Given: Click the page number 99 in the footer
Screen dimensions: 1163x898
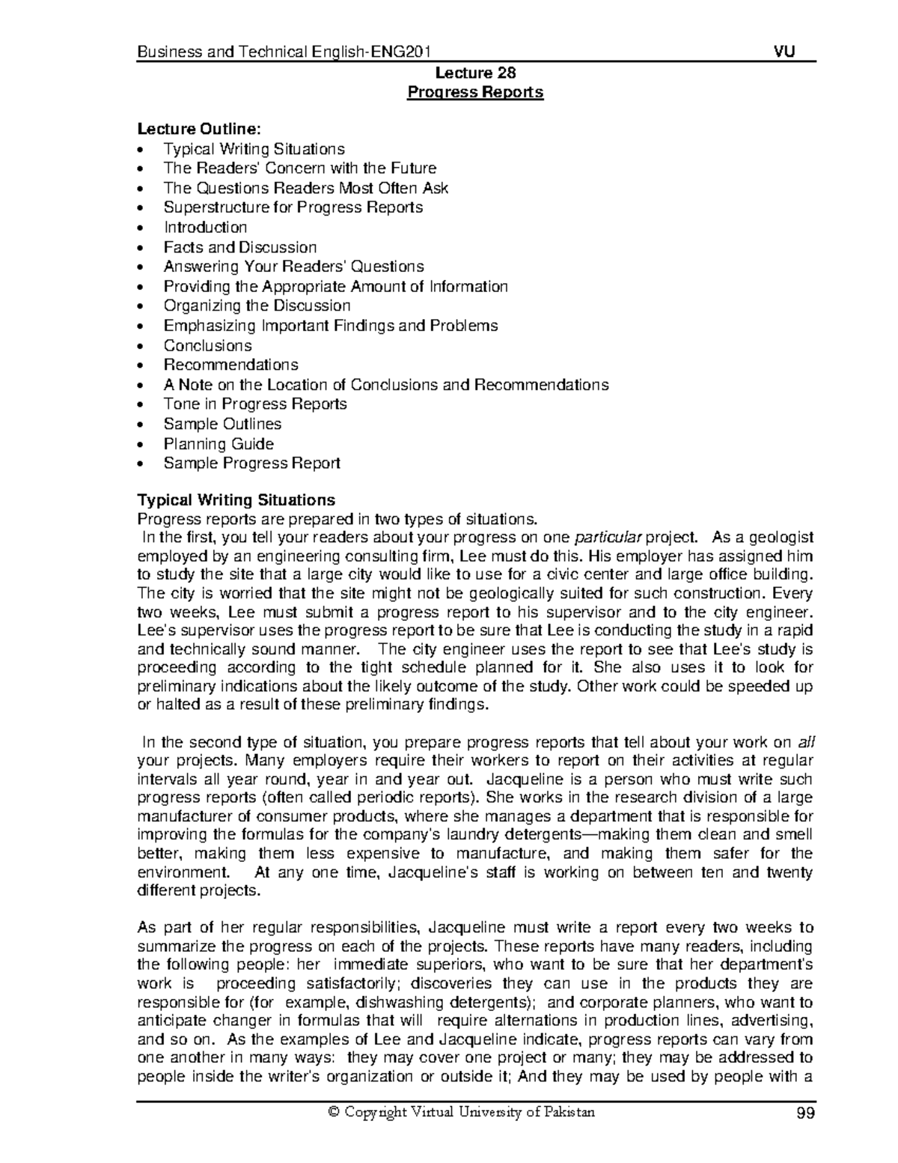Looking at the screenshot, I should (x=804, y=1113).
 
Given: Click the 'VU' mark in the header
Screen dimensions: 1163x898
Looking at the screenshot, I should (x=784, y=52).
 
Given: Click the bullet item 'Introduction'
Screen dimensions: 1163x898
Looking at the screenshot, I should (x=205, y=227).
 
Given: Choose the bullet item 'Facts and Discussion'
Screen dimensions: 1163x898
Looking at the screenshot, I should (x=240, y=247).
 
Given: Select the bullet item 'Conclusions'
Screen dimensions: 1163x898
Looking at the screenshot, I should (x=207, y=345).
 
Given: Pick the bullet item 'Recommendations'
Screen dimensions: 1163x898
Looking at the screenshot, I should (x=230, y=365).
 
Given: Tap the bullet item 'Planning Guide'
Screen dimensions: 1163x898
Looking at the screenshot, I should (x=219, y=443).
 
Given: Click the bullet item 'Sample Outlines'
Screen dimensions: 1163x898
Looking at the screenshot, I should (x=222, y=424).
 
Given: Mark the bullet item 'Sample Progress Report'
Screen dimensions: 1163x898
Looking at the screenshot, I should (x=251, y=463).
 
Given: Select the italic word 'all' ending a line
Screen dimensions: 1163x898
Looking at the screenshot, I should (x=805, y=743).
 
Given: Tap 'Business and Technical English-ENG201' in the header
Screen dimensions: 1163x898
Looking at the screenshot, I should (x=285, y=52).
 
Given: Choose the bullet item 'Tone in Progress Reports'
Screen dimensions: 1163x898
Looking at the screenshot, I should (x=255, y=404).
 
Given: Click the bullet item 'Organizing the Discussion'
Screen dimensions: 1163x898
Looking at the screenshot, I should (x=257, y=306).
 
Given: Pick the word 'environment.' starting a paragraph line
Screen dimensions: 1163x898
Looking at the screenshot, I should (x=183, y=872).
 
